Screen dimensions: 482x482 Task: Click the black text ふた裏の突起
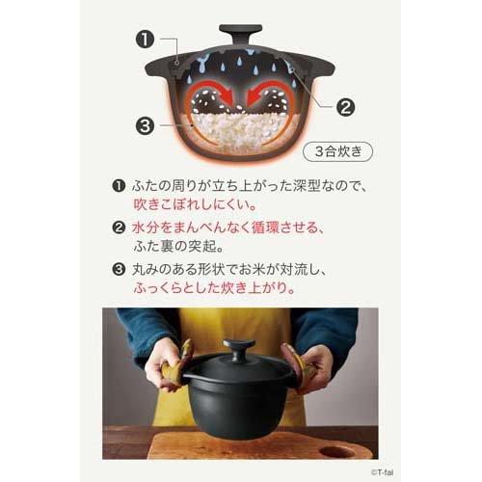(x=177, y=250)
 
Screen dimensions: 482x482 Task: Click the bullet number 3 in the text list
(x=120, y=269)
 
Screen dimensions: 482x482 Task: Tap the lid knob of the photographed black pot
(x=239, y=347)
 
